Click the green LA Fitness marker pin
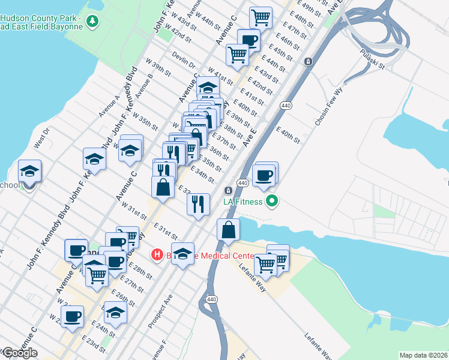(x=273, y=202)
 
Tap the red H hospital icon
(x=157, y=255)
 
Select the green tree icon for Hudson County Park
(x=92, y=22)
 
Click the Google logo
(x=19, y=353)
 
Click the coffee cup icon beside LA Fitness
(x=264, y=175)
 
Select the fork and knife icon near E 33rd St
(x=197, y=204)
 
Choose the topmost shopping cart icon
(x=261, y=17)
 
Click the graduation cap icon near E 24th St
(x=116, y=312)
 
